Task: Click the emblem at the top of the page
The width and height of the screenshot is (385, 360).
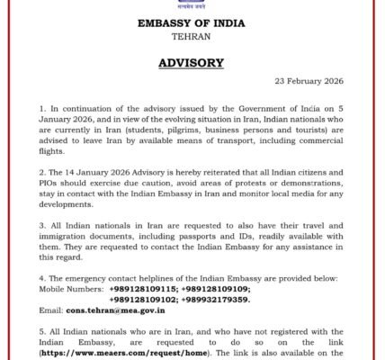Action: pyautogui.click(x=192, y=4)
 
